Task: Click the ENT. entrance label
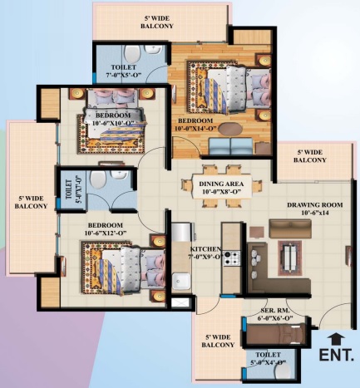click(x=337, y=355)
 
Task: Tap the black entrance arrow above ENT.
click(x=336, y=339)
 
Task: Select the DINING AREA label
click(x=221, y=184)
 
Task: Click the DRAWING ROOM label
click(x=315, y=205)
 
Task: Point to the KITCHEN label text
click(x=205, y=249)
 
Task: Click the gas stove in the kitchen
click(x=232, y=258)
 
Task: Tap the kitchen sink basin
click(x=181, y=281)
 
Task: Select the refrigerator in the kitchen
click(x=181, y=232)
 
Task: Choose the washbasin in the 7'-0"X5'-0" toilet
click(x=153, y=49)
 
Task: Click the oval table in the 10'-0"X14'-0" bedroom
click(x=230, y=129)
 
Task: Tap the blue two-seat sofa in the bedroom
click(x=230, y=146)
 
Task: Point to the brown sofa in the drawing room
click(x=290, y=228)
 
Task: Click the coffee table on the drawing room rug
click(x=290, y=258)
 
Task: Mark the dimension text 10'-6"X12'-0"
click(x=106, y=233)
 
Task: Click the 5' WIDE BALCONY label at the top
click(x=157, y=22)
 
